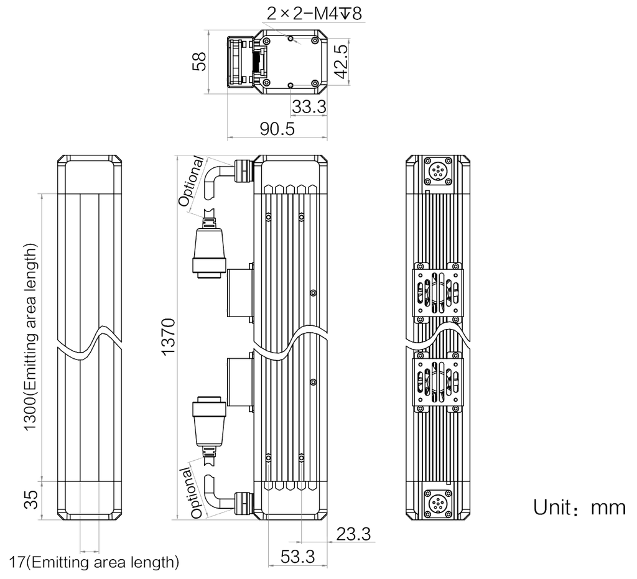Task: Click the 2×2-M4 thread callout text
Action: coord(314,14)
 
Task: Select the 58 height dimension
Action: coord(200,62)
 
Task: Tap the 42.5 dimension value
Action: coord(342,62)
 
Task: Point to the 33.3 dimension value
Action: coord(309,107)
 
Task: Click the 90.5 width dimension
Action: coord(277,129)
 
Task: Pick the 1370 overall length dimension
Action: coord(168,337)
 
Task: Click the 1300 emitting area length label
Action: coord(31,338)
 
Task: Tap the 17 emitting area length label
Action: coord(94,563)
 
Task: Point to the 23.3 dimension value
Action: coord(353,534)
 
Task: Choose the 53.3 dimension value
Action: coord(298,557)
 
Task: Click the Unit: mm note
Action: coord(579,507)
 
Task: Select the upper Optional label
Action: coord(192,181)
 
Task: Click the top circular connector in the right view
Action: coord(438,170)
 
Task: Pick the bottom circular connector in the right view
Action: coord(438,504)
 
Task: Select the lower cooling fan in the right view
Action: coord(438,382)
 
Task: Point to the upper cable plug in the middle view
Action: coord(209,248)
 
